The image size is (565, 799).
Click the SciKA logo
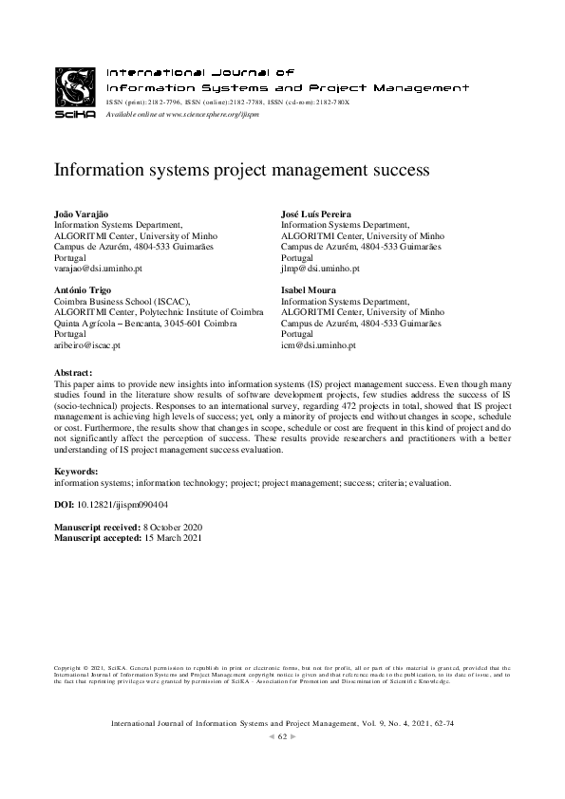75,92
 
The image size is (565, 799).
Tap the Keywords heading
79,472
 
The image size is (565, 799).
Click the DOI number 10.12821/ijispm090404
123,505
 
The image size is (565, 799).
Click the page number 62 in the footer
282,737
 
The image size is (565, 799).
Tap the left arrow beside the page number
272,737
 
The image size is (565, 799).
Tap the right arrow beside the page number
292,737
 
